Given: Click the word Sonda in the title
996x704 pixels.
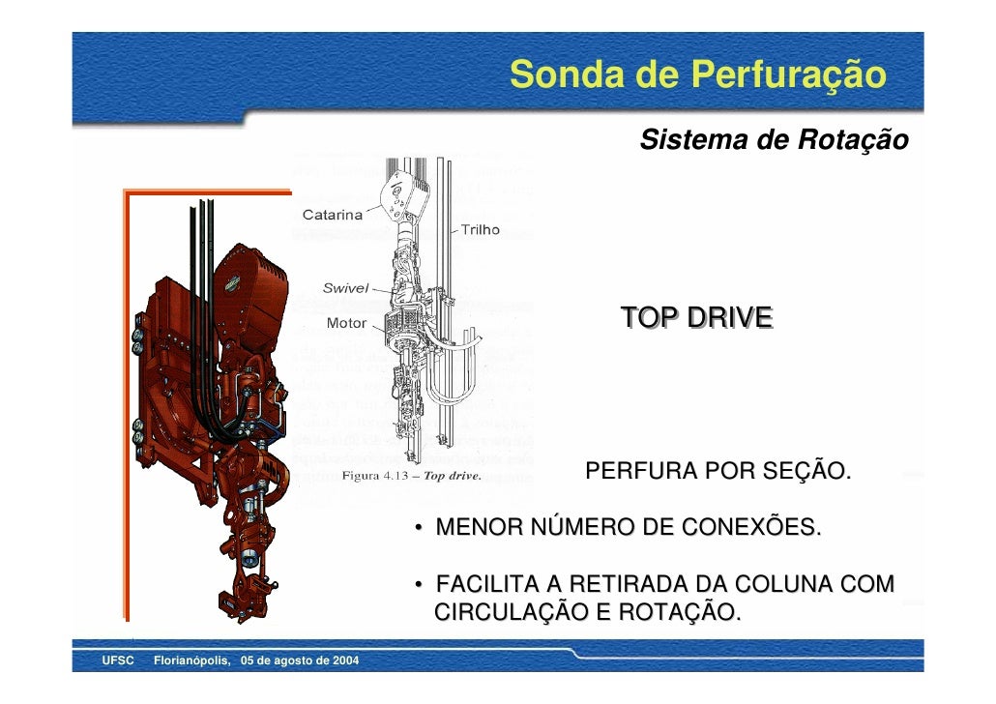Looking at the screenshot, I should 555,73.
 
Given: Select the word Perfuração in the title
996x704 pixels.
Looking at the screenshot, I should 774,75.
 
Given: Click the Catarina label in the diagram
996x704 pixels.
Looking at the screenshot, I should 334,215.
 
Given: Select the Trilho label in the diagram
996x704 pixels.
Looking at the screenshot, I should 480,230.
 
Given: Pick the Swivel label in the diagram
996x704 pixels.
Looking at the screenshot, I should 344,288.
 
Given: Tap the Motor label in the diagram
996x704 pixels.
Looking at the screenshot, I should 346,323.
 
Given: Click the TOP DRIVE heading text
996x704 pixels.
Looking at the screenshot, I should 696,317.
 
